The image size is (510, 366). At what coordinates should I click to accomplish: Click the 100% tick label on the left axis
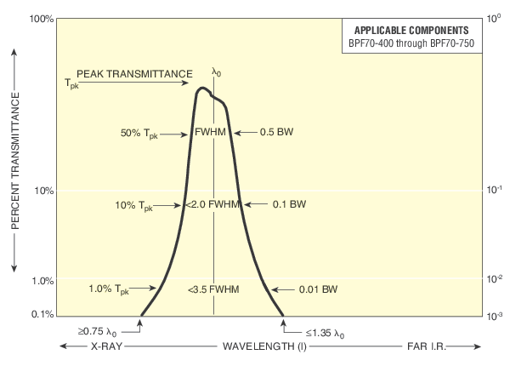click(42, 18)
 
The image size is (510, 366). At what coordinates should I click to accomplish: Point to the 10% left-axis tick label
click(44, 191)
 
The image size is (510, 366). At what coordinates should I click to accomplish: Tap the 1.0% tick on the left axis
click(43, 280)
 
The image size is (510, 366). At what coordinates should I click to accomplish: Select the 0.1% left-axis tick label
click(43, 315)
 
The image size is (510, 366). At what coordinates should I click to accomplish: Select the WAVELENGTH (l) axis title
click(267, 347)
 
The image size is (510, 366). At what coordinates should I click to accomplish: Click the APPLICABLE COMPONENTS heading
click(413, 30)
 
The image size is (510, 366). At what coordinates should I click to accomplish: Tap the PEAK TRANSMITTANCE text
click(133, 73)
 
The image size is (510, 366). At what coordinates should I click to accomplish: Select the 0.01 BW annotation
click(318, 289)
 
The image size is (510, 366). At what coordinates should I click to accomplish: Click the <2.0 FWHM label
click(213, 204)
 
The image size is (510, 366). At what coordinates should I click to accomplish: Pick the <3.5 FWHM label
click(213, 289)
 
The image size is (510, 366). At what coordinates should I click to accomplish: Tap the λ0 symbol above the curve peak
click(216, 73)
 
